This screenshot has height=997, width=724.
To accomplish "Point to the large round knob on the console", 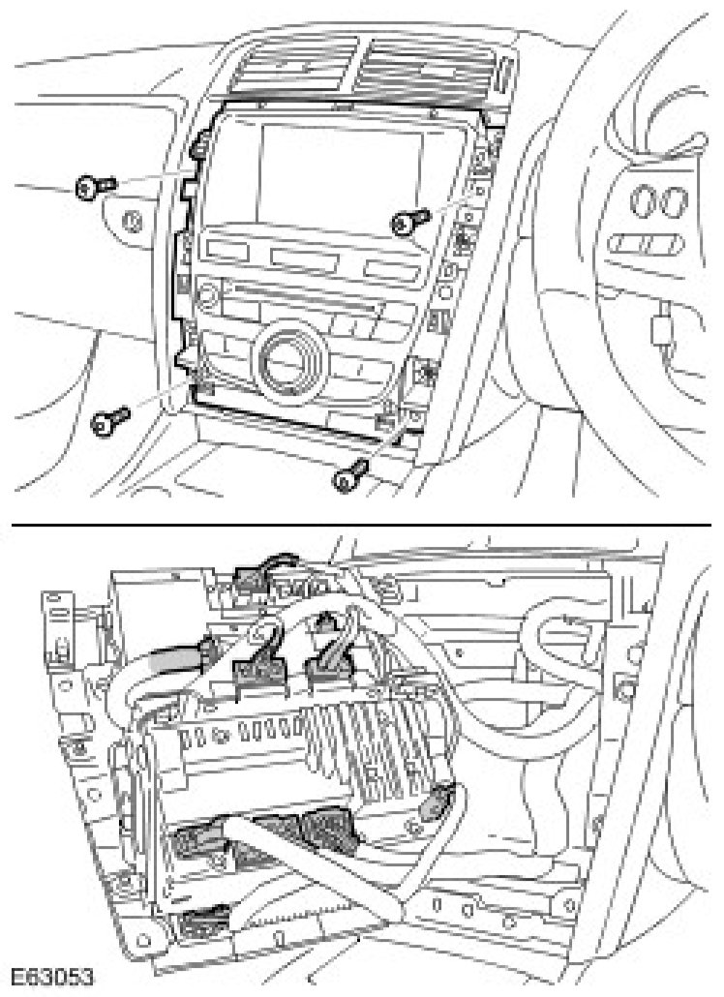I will click(287, 356).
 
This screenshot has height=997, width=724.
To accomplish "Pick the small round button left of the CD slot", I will click(205, 291).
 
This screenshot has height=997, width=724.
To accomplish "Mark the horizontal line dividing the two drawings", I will click(362, 523).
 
